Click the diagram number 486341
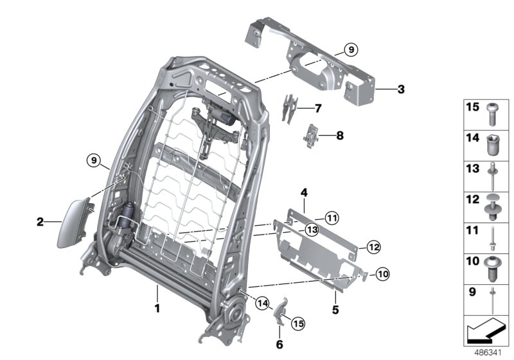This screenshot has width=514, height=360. click(x=488, y=353)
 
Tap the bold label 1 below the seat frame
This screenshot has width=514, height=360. click(x=156, y=308)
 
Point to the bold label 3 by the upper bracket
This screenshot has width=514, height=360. click(x=400, y=89)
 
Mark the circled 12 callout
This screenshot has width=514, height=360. click(x=373, y=246)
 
